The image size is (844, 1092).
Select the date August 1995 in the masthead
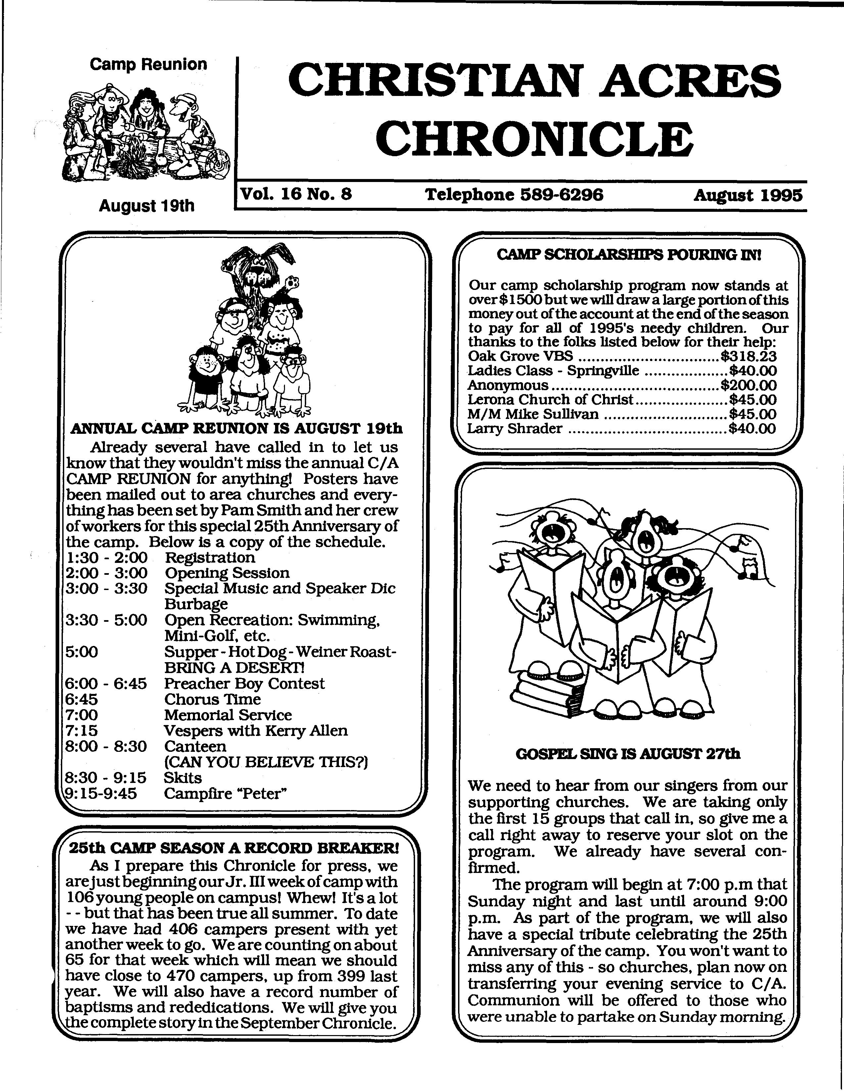point(747,195)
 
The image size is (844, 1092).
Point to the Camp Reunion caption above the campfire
point(148,65)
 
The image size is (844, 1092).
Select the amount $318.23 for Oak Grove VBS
point(748,356)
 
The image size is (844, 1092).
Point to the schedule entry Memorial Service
point(227,715)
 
